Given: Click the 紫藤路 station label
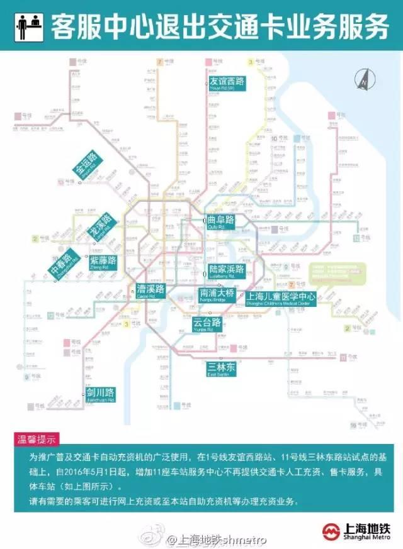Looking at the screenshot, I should tap(101, 262).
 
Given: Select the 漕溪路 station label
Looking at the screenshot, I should tap(150, 290).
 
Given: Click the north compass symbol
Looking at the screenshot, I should tap(363, 80).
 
